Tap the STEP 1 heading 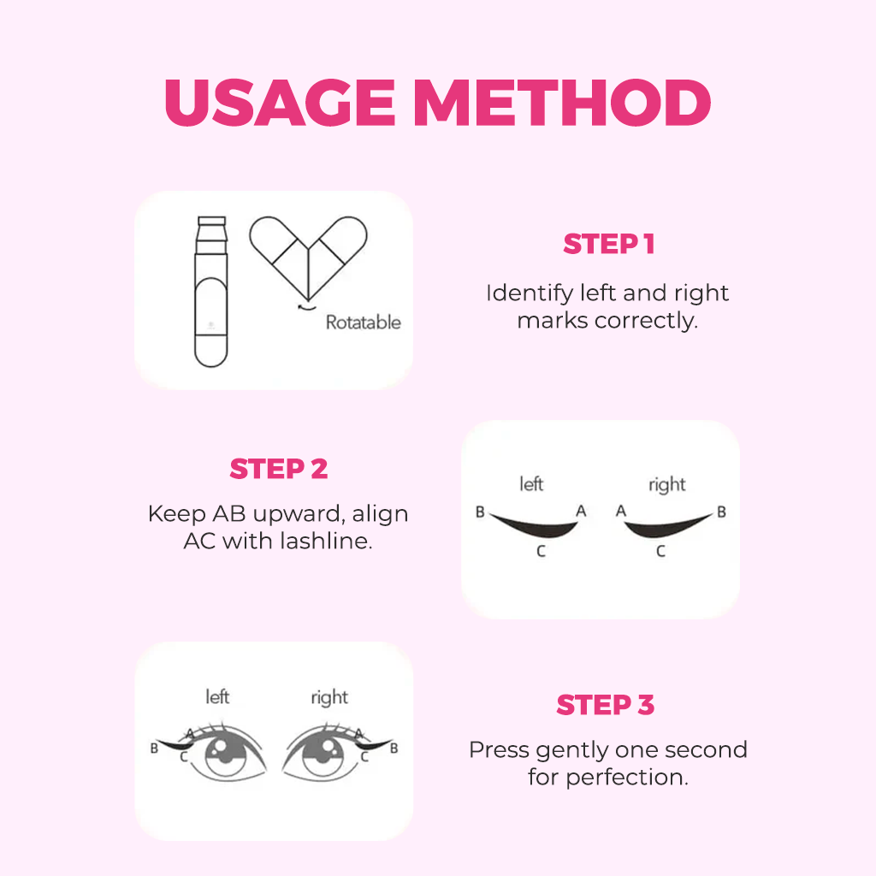(x=608, y=245)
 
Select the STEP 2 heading (x=279, y=469)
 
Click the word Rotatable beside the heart (x=363, y=323)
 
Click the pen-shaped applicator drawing (x=210, y=291)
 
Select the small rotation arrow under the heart (x=303, y=305)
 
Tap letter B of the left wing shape (x=481, y=512)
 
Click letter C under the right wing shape (x=660, y=552)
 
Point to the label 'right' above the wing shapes (x=666, y=485)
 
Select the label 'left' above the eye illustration (x=217, y=696)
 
